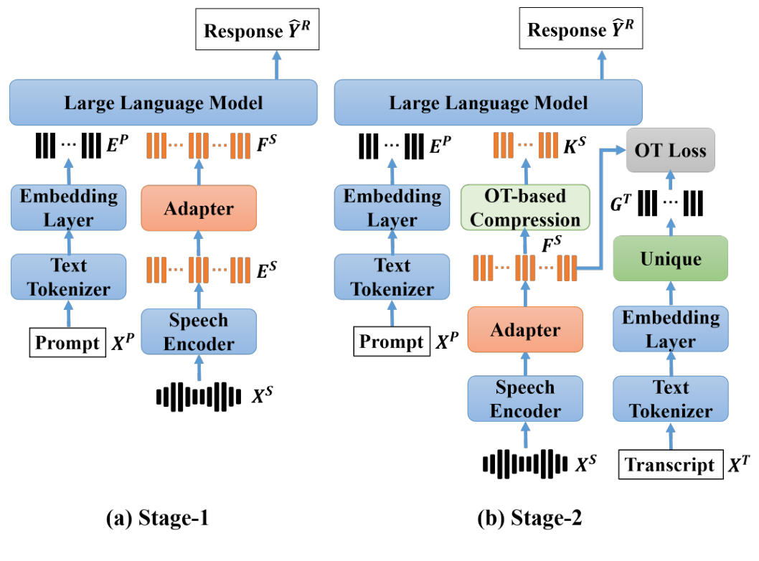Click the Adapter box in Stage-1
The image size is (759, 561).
click(199, 209)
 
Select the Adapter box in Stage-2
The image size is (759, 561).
click(524, 330)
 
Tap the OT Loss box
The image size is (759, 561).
click(671, 151)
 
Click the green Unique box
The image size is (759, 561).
click(671, 258)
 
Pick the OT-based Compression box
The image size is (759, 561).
click(525, 208)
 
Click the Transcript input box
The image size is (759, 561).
click(670, 465)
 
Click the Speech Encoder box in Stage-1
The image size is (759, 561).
click(199, 331)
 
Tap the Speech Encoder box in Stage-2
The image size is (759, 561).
click(525, 399)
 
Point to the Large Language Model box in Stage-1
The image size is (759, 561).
click(164, 102)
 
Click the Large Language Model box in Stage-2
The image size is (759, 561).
click(489, 102)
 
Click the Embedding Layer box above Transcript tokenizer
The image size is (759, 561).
click(671, 329)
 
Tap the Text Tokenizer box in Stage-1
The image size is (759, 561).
click(69, 278)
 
